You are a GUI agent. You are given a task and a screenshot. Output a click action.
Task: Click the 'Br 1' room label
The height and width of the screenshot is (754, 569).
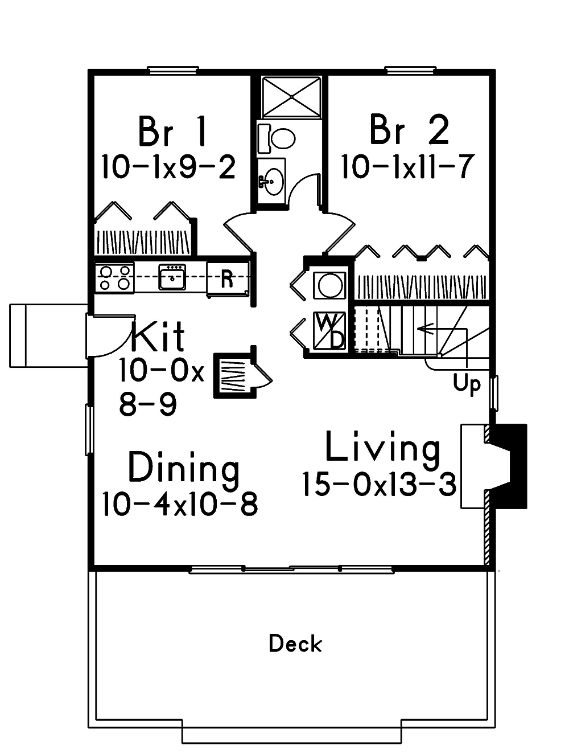pos(171,130)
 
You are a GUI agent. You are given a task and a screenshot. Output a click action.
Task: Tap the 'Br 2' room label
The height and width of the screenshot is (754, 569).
pos(409,130)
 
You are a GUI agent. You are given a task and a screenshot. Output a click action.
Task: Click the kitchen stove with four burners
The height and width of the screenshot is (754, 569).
pos(114,278)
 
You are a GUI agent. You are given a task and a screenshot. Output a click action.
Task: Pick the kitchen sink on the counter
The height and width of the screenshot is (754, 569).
pos(172,277)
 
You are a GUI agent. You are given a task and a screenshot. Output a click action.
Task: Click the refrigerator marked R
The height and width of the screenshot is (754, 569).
pos(227,279)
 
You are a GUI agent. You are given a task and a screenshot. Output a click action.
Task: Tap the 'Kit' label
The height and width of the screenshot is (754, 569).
pos(158,337)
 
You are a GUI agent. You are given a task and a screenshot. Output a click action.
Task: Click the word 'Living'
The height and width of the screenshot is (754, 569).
pos(382,448)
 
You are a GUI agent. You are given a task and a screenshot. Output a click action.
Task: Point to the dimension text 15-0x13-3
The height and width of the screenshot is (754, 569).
pos(379,485)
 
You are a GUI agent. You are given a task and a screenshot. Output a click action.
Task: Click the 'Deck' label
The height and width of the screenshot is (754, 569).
pos(295,644)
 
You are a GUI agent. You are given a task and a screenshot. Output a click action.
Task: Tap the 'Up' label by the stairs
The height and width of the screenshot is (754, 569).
pos(467,384)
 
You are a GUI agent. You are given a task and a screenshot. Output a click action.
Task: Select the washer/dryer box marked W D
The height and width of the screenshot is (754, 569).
pos(329,331)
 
